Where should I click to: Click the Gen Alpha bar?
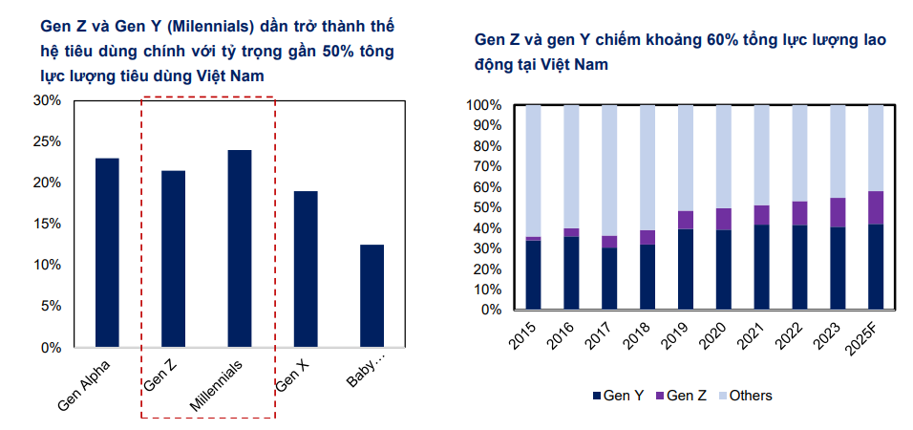pyautogui.click(x=107, y=253)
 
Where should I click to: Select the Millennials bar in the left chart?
pyautogui.click(x=240, y=248)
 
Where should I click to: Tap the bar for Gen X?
pyautogui.click(x=306, y=269)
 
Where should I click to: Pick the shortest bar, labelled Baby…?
pyautogui.click(x=372, y=296)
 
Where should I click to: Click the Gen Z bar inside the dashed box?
pyautogui.click(x=173, y=259)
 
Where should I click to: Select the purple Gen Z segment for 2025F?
pyautogui.click(x=876, y=207)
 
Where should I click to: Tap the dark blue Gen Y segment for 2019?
pyautogui.click(x=685, y=269)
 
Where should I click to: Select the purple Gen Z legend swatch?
pyautogui.click(x=659, y=396)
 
